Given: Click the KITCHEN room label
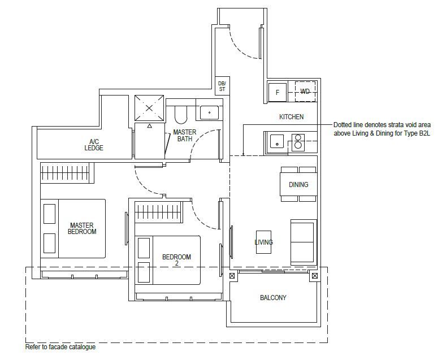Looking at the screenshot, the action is point(291,117).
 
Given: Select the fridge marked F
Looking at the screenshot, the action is point(278,92).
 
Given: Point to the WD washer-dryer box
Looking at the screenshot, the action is point(305,92).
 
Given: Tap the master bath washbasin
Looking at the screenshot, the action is point(209,113).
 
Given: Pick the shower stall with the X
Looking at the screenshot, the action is point(149,109).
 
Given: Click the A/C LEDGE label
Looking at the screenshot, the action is point(94,145).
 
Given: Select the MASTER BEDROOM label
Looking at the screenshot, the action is point(82,228).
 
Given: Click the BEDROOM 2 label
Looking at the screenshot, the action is point(176,260).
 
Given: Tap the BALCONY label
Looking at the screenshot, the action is point(273,298).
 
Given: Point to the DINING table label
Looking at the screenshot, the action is point(298,185).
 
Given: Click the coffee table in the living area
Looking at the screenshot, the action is point(263,242).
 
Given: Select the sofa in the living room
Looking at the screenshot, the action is point(304,242).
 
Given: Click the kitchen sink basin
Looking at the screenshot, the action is point(277,141).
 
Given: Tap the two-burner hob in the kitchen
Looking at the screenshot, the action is point(298,142).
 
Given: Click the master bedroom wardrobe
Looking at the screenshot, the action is point(67,173).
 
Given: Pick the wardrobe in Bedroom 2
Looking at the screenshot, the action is point(159,212).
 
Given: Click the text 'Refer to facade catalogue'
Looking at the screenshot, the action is point(60,347).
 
